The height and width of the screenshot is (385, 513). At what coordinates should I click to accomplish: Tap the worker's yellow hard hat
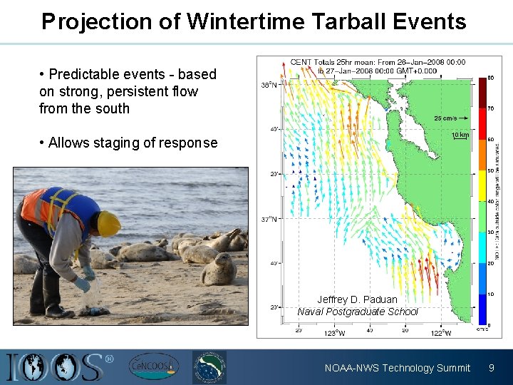pyautogui.click(x=108, y=223)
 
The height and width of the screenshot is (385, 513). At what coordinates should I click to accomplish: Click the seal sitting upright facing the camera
pyautogui.click(x=219, y=269)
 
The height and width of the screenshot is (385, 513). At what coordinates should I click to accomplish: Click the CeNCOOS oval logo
pyautogui.click(x=150, y=367)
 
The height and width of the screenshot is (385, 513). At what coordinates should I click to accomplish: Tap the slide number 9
pyautogui.click(x=491, y=368)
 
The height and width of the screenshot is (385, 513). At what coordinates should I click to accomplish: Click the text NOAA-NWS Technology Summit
pyautogui.click(x=397, y=368)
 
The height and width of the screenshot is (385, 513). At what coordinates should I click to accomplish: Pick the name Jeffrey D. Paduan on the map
pyautogui.click(x=357, y=299)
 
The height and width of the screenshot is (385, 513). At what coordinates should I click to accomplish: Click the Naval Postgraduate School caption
pyautogui.click(x=357, y=312)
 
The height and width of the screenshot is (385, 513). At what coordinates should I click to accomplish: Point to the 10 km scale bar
pyautogui.click(x=460, y=135)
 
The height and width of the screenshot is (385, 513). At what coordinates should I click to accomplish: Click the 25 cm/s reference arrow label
pyautogui.click(x=445, y=118)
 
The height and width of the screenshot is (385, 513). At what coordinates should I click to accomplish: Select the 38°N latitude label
pyautogui.click(x=269, y=84)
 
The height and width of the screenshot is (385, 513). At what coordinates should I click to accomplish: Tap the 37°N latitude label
pyautogui.click(x=269, y=219)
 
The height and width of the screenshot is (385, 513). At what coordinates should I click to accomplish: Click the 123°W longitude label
pyautogui.click(x=334, y=332)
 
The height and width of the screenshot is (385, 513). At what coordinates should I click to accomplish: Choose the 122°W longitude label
pyautogui.click(x=442, y=332)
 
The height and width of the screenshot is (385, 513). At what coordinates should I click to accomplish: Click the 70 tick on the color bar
pyautogui.click(x=491, y=109)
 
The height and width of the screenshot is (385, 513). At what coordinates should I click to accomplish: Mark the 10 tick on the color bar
pyautogui.click(x=491, y=294)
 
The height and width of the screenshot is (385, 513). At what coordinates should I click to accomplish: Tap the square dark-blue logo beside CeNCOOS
pyautogui.click(x=209, y=367)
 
